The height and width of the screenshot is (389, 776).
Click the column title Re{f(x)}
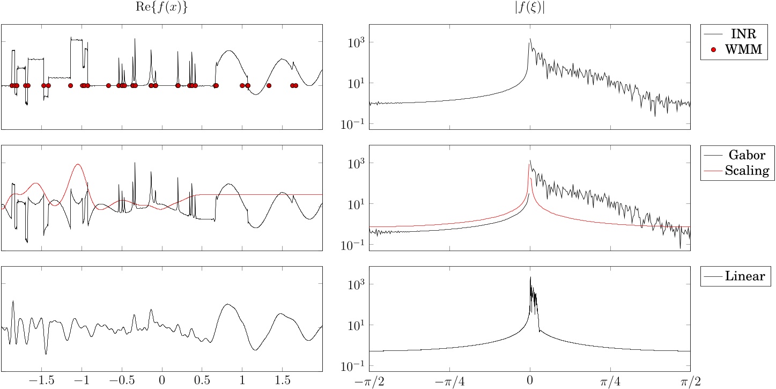[162, 9]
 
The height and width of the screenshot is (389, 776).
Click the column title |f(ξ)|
[529, 9]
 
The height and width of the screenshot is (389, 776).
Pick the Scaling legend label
[747, 171]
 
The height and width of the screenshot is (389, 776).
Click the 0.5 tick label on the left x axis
[202, 380]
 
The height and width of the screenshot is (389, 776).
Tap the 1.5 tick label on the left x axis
[282, 380]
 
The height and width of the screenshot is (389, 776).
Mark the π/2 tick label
[690, 380]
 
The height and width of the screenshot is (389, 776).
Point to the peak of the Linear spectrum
[530, 277]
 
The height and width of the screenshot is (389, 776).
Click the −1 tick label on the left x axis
[82, 380]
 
